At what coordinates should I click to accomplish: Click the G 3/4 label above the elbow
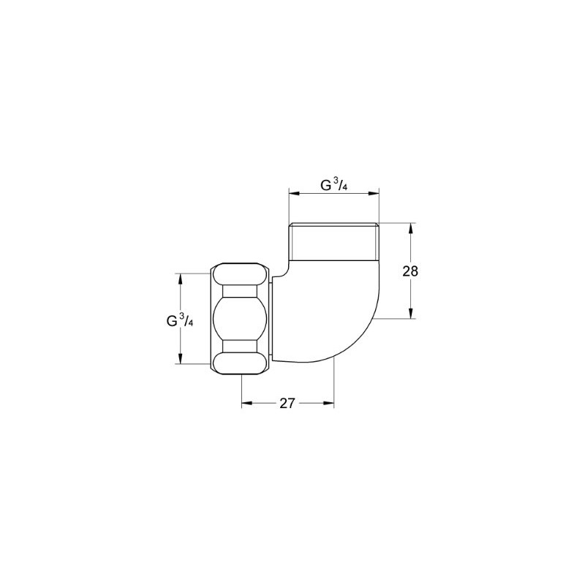pos(333,185)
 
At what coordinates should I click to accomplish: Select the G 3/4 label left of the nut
pos(180,320)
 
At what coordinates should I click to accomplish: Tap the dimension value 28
pos(410,271)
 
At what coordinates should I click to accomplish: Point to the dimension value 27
pos(287,404)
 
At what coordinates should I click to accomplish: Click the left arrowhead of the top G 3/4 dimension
pos(292,193)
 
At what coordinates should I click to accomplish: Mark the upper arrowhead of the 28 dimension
pos(410,227)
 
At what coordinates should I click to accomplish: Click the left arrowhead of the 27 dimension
pos(246,402)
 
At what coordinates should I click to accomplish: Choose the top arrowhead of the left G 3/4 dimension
pos(180,277)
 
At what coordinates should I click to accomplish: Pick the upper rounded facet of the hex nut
pos(240,275)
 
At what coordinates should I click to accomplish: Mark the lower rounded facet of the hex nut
pos(240,363)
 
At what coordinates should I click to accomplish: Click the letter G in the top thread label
pos(326,186)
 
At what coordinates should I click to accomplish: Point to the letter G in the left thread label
pos(172,320)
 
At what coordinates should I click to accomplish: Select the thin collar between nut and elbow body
pos(271,319)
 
